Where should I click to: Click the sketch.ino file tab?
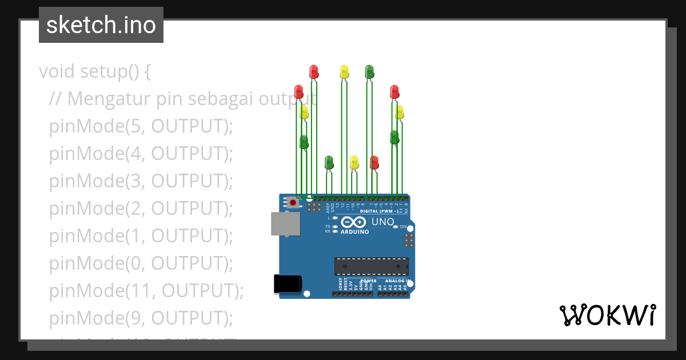(x=101, y=25)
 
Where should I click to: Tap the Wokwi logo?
(x=607, y=315)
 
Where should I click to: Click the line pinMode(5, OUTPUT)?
(x=141, y=126)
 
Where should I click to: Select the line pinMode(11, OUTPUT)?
(x=146, y=291)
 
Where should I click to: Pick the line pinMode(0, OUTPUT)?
(x=141, y=263)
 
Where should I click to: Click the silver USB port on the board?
(x=285, y=224)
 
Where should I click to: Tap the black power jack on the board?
(x=287, y=284)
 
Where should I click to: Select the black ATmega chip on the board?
(x=372, y=266)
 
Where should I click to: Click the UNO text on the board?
(x=382, y=222)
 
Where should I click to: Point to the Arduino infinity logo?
(x=353, y=222)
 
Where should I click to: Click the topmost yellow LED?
(x=344, y=71)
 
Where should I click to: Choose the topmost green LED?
(x=369, y=71)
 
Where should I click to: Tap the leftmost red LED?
(x=298, y=91)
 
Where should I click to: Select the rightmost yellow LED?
(x=400, y=111)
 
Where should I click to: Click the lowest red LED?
(x=374, y=162)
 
